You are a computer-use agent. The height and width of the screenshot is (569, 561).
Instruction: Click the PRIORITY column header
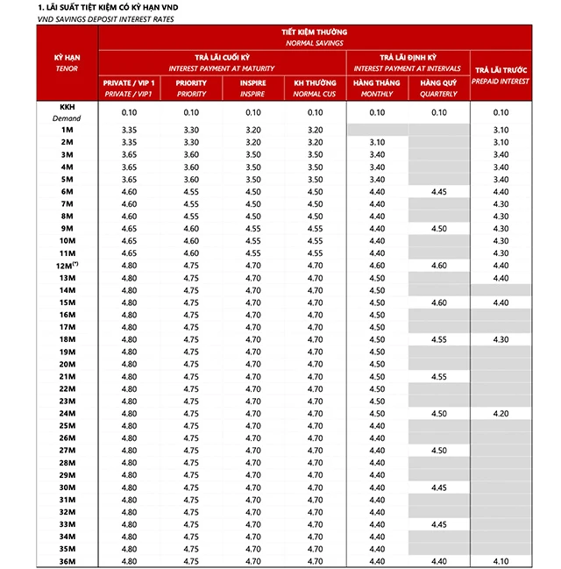(191, 88)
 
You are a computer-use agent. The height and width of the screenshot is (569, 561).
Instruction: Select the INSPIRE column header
(253, 88)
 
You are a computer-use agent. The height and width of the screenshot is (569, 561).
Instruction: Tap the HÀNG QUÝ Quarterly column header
(439, 88)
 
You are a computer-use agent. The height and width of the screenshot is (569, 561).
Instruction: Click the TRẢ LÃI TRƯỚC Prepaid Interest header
(501, 75)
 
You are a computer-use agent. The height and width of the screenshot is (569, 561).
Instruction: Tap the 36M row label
(67, 561)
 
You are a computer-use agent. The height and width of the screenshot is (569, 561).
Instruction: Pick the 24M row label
(67, 414)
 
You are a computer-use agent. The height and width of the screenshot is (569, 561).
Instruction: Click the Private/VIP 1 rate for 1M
(129, 130)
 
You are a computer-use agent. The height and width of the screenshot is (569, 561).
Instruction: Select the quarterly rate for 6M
(439, 191)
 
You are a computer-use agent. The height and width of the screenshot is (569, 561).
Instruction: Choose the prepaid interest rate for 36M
(501, 561)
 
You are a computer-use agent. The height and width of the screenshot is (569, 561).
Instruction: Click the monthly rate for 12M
(377, 266)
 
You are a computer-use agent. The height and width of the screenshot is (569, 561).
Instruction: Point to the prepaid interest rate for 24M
(501, 414)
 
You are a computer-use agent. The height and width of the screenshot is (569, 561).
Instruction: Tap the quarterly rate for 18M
(439, 339)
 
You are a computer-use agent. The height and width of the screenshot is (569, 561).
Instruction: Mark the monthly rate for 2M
(377, 142)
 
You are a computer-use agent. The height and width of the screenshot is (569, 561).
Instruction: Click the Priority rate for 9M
(191, 229)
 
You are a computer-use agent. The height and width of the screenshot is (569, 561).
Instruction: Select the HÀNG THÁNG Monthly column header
(377, 88)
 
